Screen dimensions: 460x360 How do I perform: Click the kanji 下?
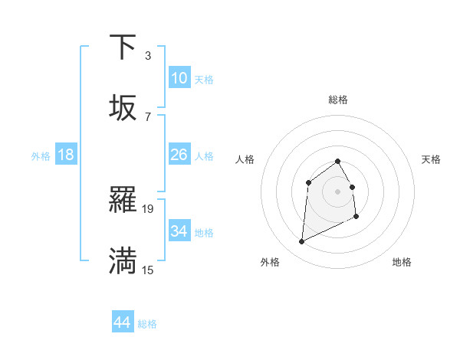(123, 47)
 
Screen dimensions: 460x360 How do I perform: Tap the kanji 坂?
(123, 108)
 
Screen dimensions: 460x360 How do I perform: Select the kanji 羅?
(123, 201)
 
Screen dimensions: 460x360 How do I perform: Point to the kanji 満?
(123, 261)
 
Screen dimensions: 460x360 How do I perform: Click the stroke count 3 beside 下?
(147, 55)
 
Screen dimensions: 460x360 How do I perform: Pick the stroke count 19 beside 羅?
(148, 208)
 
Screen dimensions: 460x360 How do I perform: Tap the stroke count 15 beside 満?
(148, 270)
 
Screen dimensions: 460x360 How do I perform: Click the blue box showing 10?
(179, 78)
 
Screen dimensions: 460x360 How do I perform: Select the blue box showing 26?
(179, 155)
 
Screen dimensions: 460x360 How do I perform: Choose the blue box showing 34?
(179, 231)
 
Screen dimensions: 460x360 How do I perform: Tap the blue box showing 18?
(66, 155)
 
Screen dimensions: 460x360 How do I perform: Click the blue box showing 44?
(122, 323)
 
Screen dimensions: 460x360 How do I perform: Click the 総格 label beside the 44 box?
(147, 324)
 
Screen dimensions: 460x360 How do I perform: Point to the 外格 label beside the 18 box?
(41, 155)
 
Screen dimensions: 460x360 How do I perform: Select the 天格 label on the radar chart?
(431, 159)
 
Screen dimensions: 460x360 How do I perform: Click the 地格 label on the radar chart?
(402, 262)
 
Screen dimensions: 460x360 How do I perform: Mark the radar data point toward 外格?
(301, 242)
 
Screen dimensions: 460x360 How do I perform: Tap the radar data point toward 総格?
(338, 161)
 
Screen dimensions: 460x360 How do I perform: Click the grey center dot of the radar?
(338, 191)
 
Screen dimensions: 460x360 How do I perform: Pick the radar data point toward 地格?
(357, 218)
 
